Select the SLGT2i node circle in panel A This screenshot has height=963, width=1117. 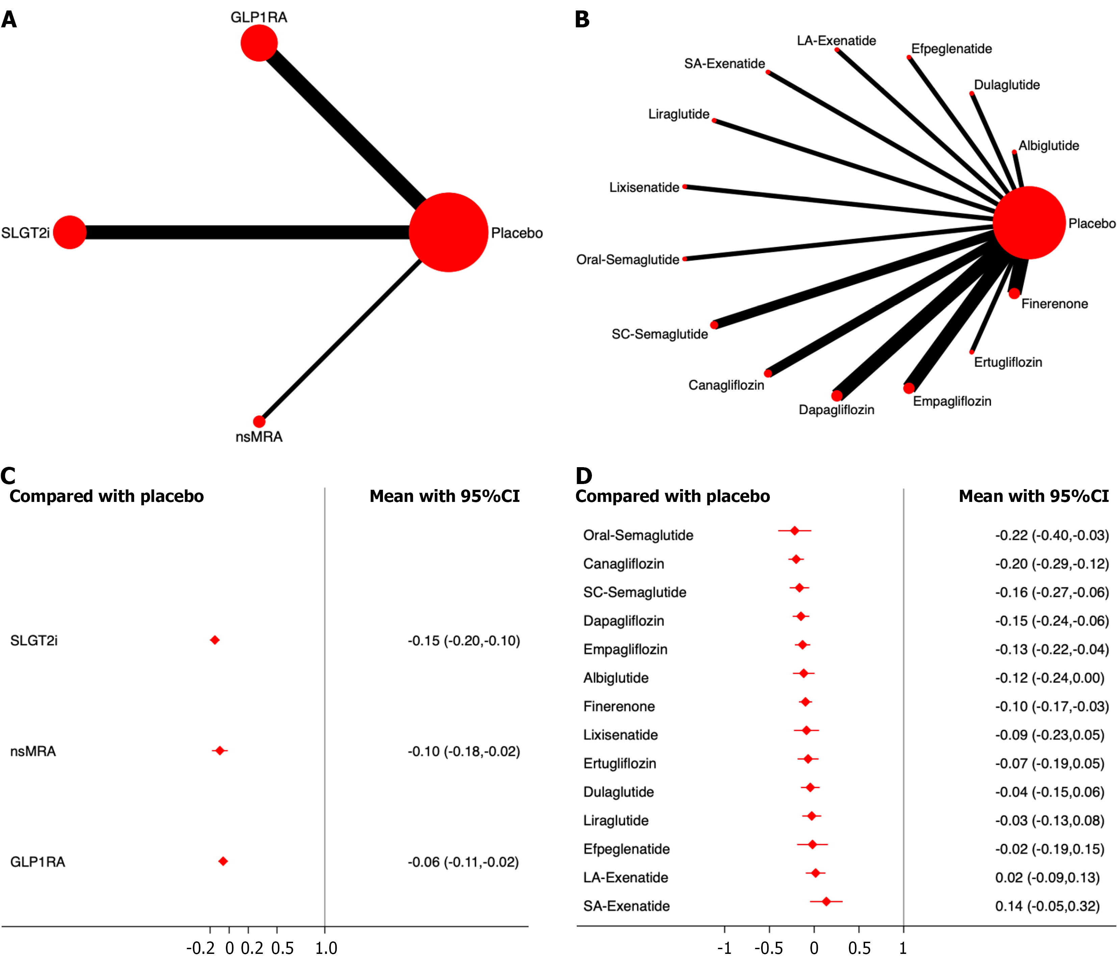(x=70, y=232)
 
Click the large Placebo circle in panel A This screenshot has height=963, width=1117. (x=448, y=232)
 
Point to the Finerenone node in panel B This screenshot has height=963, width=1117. (x=1014, y=293)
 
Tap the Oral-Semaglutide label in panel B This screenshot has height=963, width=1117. (x=627, y=260)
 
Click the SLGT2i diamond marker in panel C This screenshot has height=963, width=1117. (x=214, y=640)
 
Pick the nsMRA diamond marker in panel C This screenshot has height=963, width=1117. (x=219, y=751)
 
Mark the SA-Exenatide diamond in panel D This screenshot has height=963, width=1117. (x=826, y=901)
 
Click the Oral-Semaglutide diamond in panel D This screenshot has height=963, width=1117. (x=795, y=531)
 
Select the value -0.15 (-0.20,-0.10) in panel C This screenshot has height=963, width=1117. (x=464, y=641)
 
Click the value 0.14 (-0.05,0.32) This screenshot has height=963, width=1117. (x=1047, y=906)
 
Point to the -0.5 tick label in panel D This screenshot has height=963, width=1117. (x=769, y=948)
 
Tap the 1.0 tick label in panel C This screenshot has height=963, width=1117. (x=326, y=948)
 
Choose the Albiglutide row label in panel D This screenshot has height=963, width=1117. (x=616, y=678)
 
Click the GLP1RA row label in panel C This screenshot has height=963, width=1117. (x=38, y=862)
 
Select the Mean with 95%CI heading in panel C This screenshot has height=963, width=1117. (x=444, y=496)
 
